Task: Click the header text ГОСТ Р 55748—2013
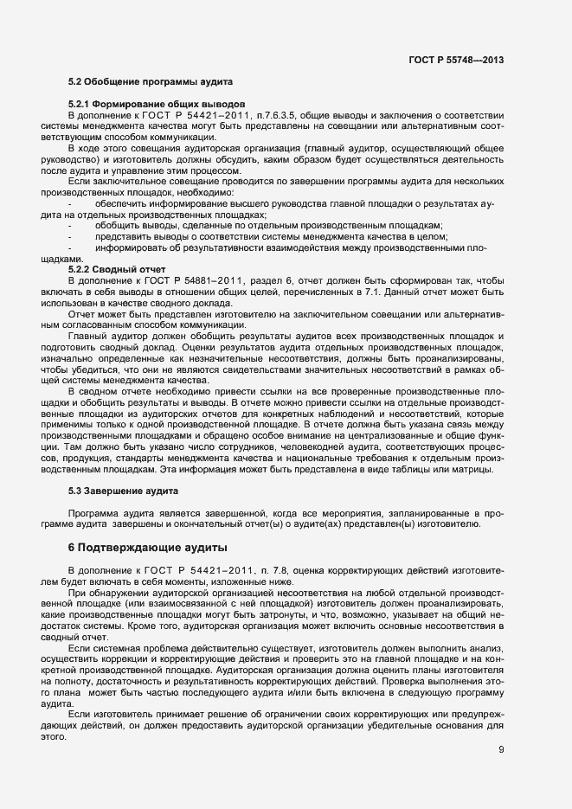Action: [456, 60]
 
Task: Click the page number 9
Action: [501, 749]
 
